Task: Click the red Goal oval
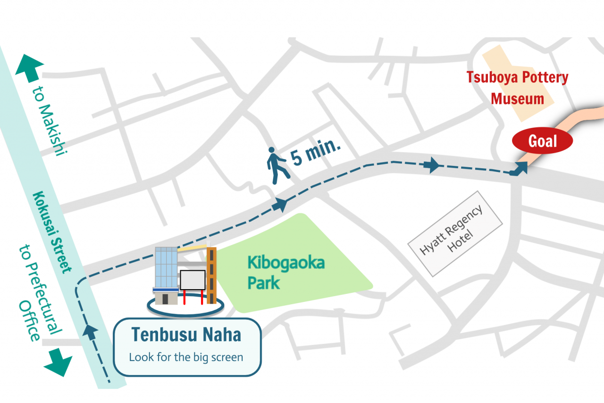point(543,141)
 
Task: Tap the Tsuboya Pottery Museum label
point(518,88)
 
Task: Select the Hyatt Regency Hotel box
point(456,233)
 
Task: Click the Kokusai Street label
point(53,232)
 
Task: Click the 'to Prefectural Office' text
point(40,293)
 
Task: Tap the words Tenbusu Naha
point(186,334)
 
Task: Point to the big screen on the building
point(193,280)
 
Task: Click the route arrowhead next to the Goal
point(521,168)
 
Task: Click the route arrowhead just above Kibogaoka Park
point(280,205)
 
